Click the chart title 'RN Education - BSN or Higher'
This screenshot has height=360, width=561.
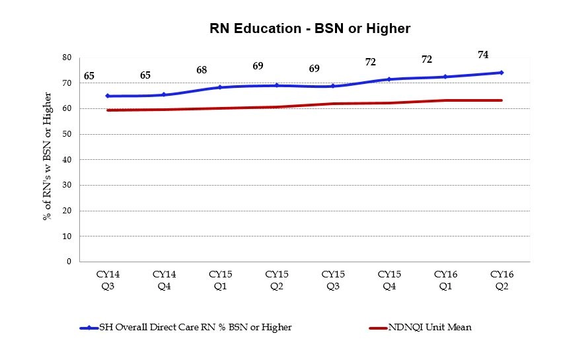tap(310, 28)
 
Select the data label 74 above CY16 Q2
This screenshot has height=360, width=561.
tap(483, 54)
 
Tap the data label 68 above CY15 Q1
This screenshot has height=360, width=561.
tap(202, 70)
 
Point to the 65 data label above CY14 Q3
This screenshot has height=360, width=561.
tap(89, 76)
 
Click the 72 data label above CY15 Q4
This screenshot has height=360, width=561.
tap(371, 62)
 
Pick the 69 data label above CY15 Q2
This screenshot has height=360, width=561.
tap(258, 66)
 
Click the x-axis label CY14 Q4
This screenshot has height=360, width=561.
tap(164, 279)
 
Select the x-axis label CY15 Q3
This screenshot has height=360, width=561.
tap(332, 279)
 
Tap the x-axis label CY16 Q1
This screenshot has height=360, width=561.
tap(445, 279)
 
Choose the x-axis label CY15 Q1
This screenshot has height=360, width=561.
tap(220, 279)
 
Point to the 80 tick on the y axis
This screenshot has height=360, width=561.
tap(66, 57)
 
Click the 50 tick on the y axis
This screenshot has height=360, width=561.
tap(66, 134)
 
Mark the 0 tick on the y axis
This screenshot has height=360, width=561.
tap(68, 262)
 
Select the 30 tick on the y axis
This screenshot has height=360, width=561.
tap(66, 185)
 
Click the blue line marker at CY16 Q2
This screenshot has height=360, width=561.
tap(502, 73)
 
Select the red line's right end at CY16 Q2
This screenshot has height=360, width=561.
tap(502, 100)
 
